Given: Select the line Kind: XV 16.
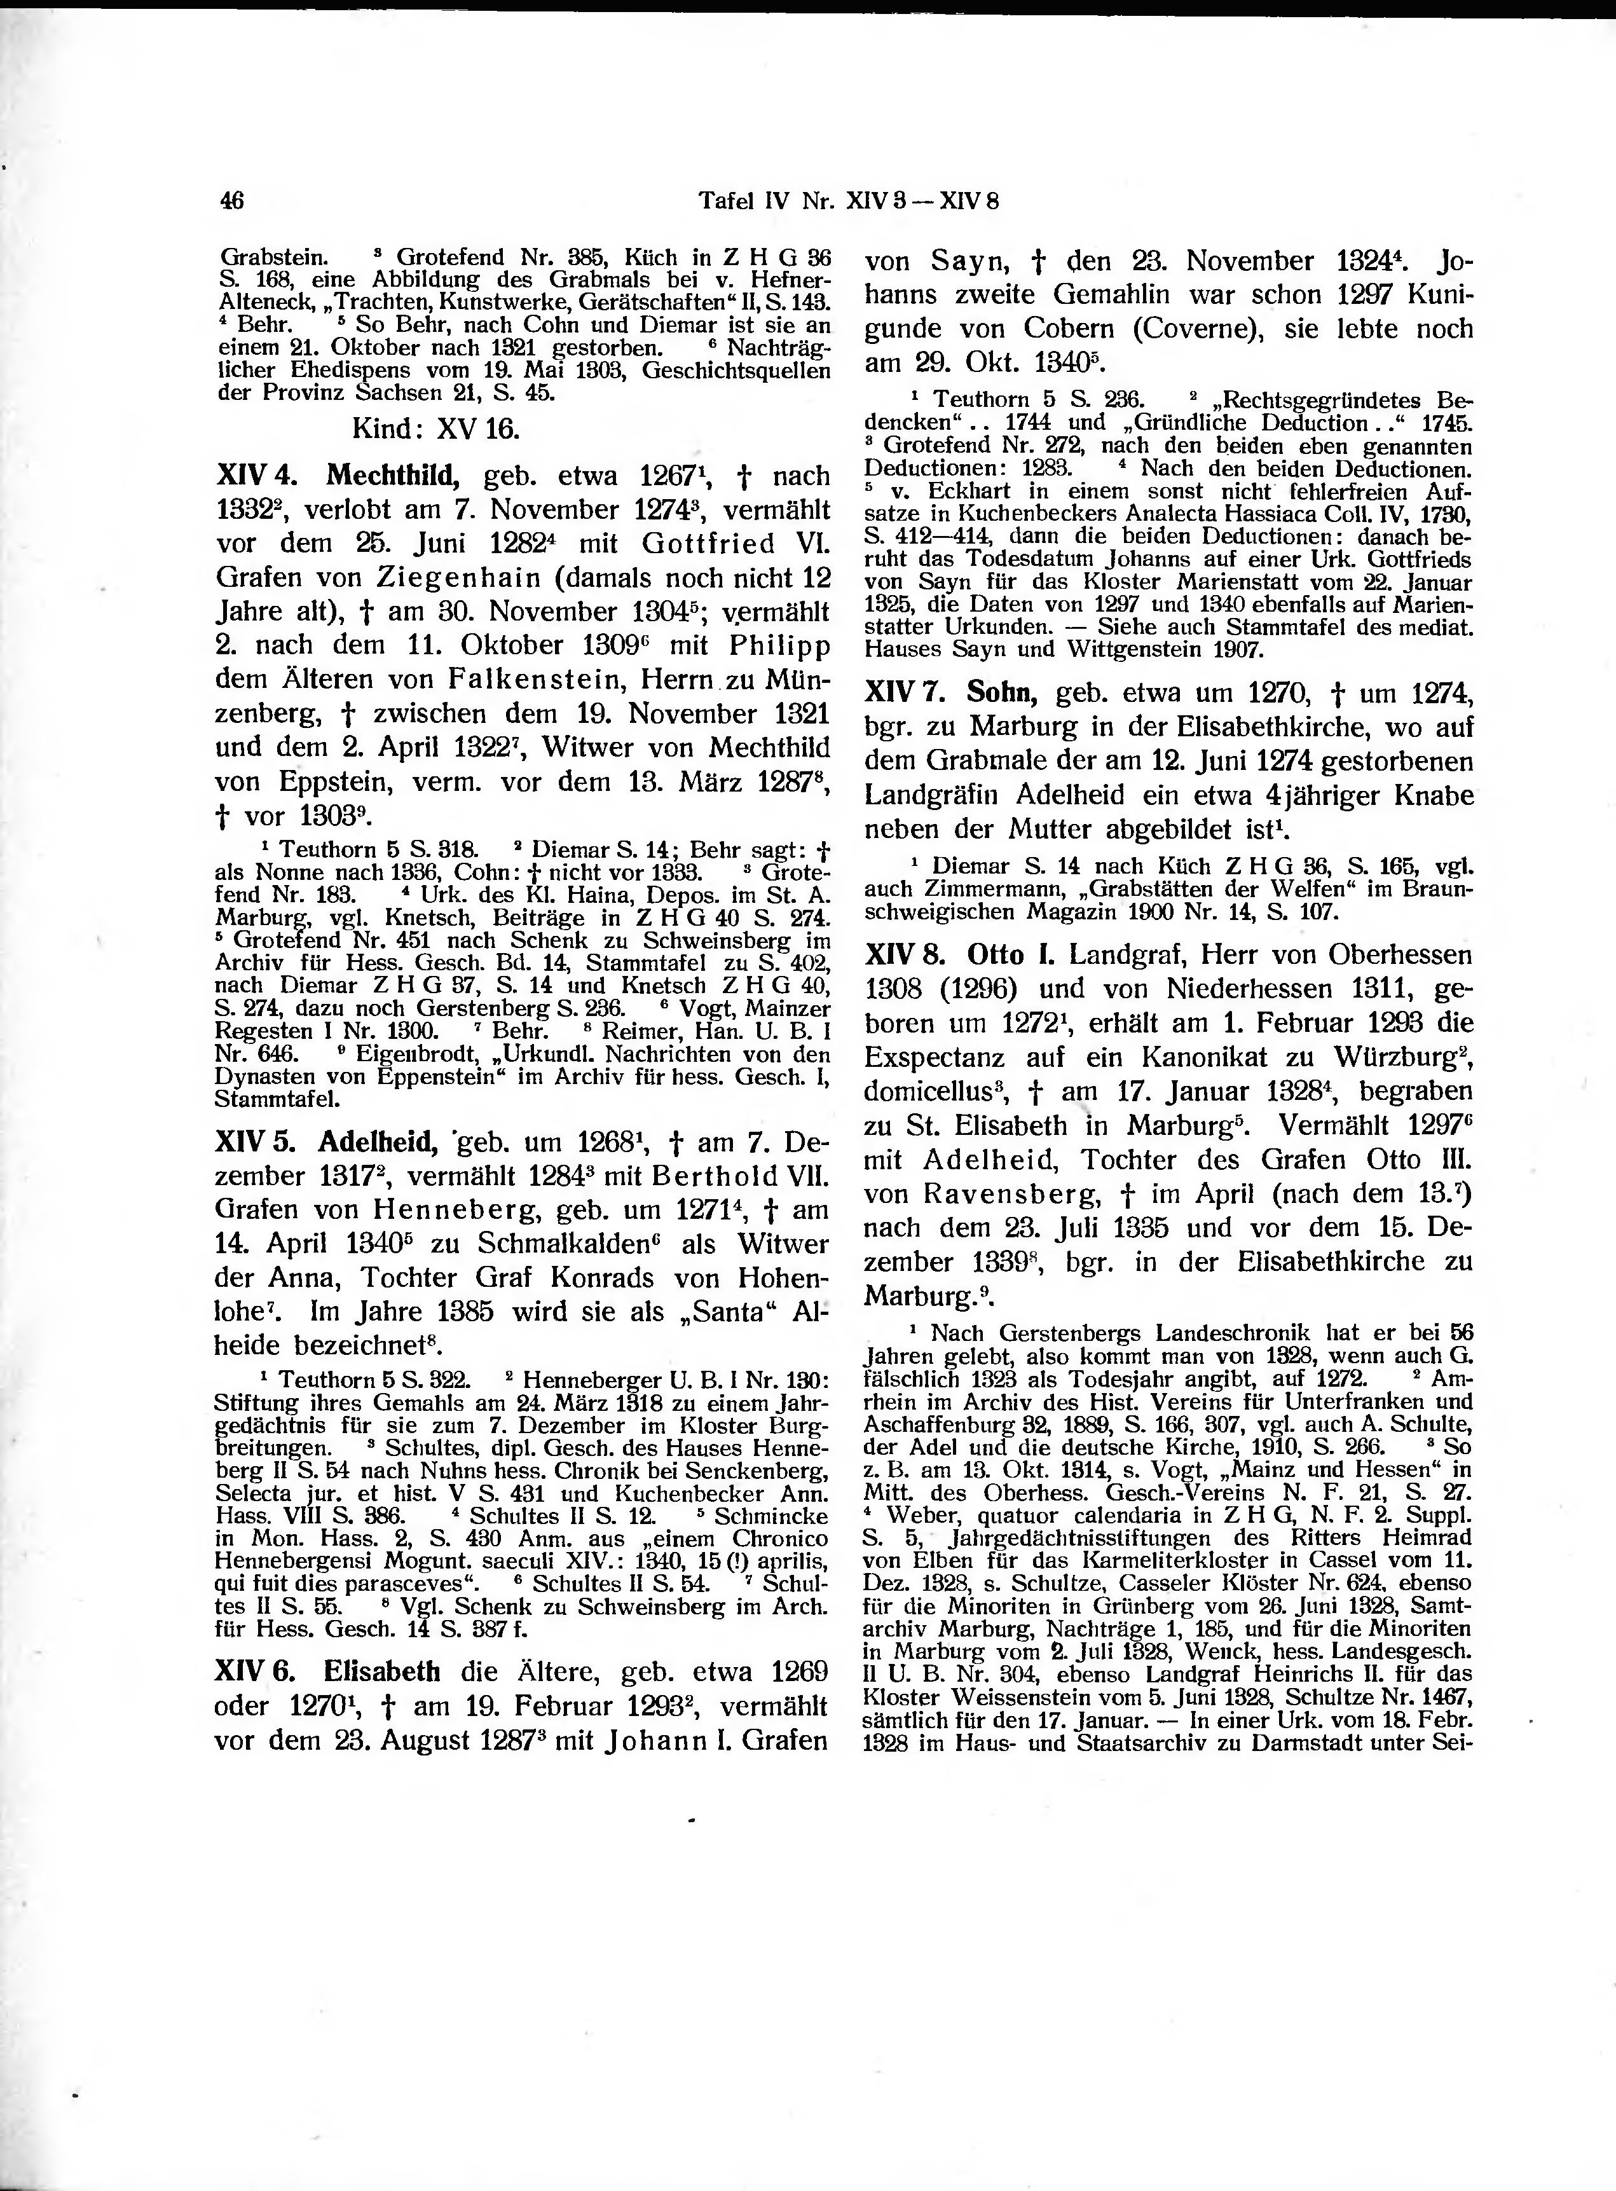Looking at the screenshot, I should coord(435,429).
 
